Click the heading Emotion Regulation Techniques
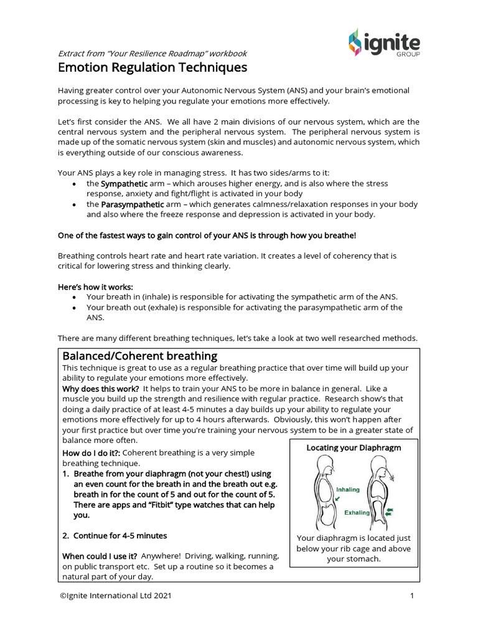pyautogui.click(x=152, y=67)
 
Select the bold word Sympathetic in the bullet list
pyautogui.click(x=124, y=184)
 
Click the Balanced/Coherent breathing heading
pyautogui.click(x=139, y=356)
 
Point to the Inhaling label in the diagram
pyautogui.click(x=348, y=489)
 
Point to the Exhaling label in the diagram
pyautogui.click(x=357, y=513)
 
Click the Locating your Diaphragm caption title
pyautogui.click(x=354, y=447)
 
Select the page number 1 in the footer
pyautogui.click(x=412, y=596)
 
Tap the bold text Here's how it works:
pyautogui.click(x=95, y=287)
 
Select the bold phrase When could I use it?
pyautogui.click(x=100, y=556)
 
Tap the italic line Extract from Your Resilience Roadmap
pyautogui.click(x=152, y=53)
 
